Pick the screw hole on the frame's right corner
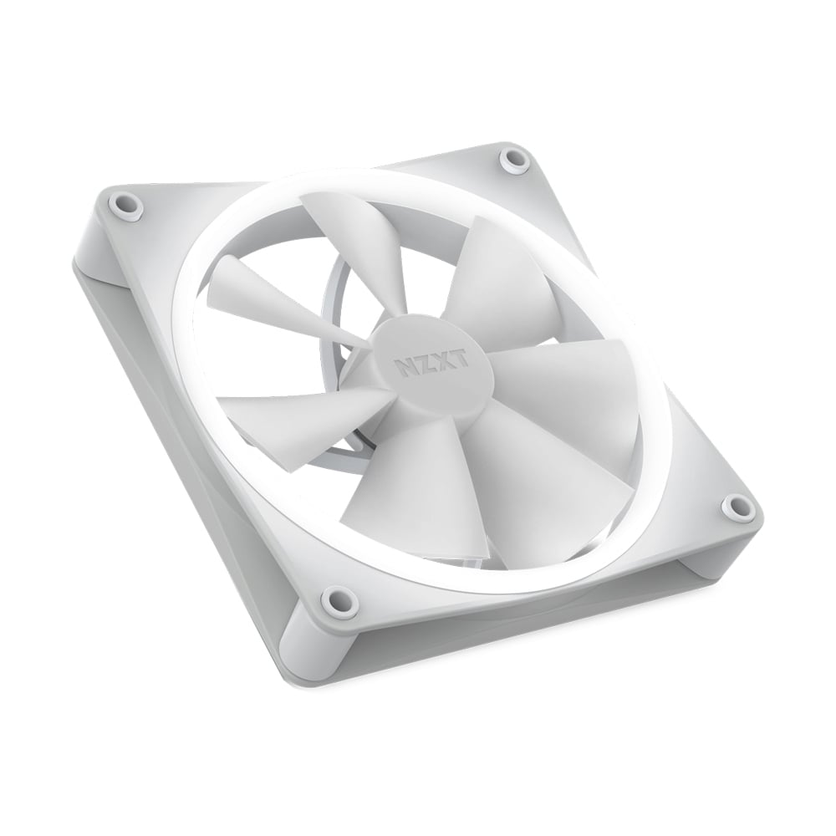[x=737, y=504]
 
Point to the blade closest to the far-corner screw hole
[x=485, y=268]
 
